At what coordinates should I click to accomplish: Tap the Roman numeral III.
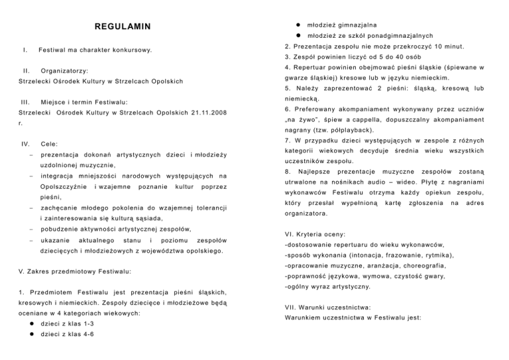[x=26, y=101]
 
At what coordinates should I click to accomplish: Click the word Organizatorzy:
[x=64, y=70]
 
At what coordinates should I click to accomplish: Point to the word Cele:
[x=48, y=143]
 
